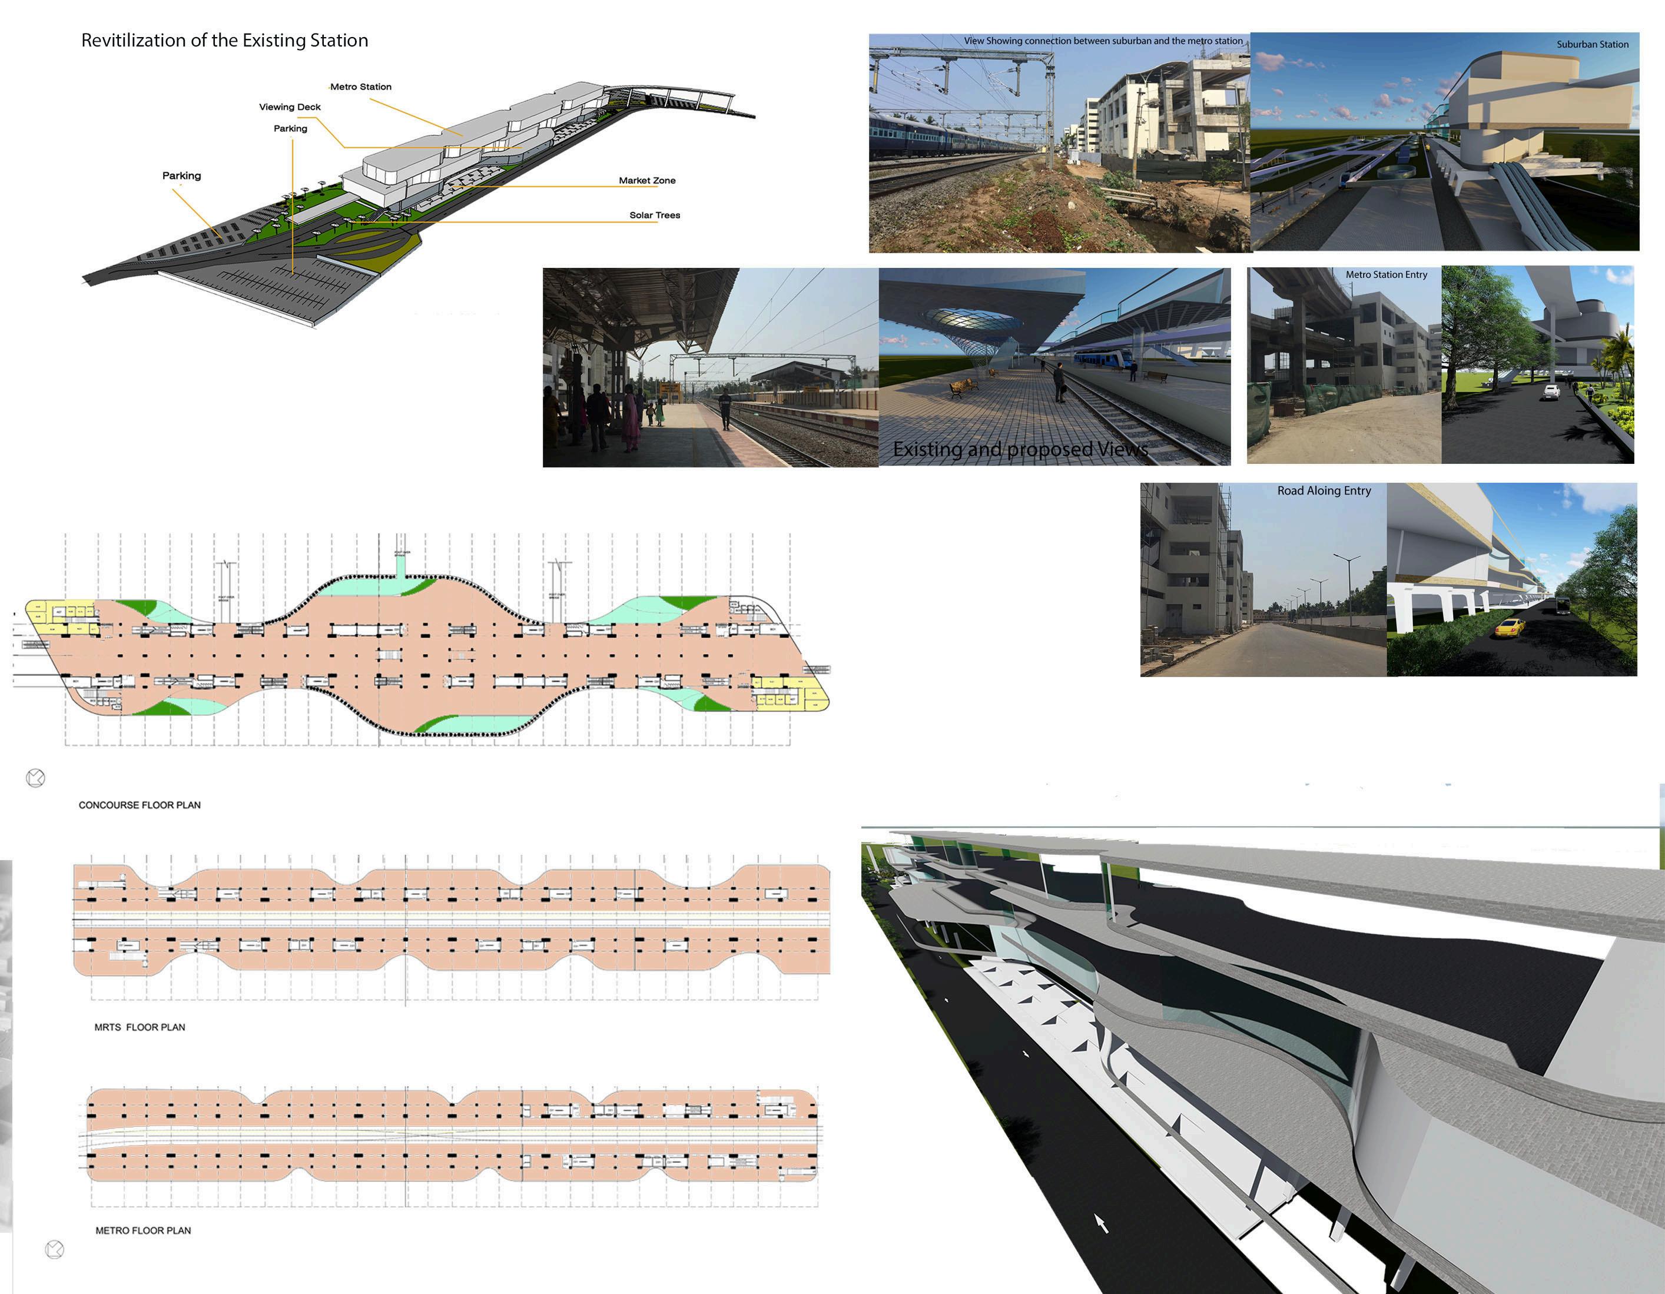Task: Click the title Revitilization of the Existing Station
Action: [224, 41]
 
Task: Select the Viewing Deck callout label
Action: [290, 107]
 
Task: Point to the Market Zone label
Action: [646, 181]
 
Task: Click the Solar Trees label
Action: [654, 215]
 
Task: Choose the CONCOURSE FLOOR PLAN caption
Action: [140, 805]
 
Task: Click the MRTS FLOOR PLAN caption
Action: [140, 1027]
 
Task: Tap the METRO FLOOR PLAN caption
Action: [142, 1230]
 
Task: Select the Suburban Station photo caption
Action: [1592, 44]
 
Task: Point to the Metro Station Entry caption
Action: [1386, 274]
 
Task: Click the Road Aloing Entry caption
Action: [1324, 491]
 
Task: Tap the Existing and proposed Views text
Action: [1020, 449]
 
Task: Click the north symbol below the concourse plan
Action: [36, 778]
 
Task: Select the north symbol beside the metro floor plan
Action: [55, 1249]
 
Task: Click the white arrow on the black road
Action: [1101, 1223]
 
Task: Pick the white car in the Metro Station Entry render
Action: [1551, 392]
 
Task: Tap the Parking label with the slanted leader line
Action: [181, 176]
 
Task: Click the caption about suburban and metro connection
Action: [1102, 41]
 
